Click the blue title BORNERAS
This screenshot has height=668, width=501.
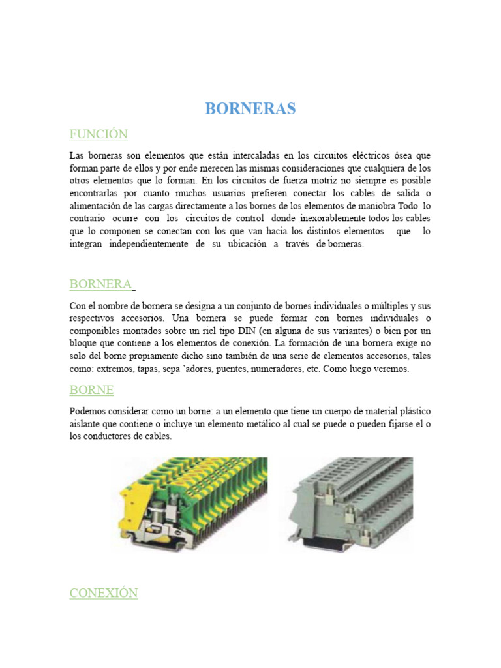[x=250, y=108]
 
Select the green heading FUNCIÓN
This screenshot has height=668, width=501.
[x=99, y=134]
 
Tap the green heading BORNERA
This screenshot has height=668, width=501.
[x=100, y=284]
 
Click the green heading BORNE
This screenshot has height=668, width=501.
[x=91, y=390]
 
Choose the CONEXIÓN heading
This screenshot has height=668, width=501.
[x=104, y=593]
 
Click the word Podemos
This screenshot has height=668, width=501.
[x=89, y=412]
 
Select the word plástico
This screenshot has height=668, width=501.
[x=412, y=412]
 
